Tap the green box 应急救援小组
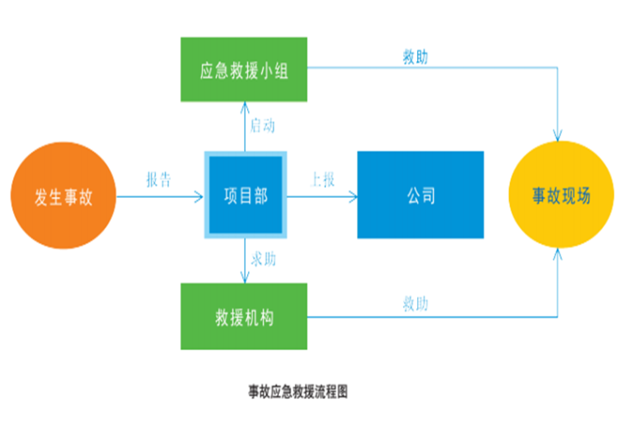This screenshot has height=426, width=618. pos(244,69)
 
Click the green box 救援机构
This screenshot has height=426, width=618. pos(244,316)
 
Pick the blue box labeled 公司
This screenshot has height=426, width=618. pos(420,195)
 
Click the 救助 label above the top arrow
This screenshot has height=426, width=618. pos(416,57)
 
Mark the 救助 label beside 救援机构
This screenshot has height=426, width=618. pos(416,304)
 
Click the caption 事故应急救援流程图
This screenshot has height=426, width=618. pos(298,392)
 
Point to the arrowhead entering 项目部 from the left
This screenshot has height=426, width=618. pos(198,196)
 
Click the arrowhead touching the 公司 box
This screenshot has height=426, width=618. pos(353,196)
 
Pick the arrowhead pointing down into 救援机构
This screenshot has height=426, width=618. pos(245,279)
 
